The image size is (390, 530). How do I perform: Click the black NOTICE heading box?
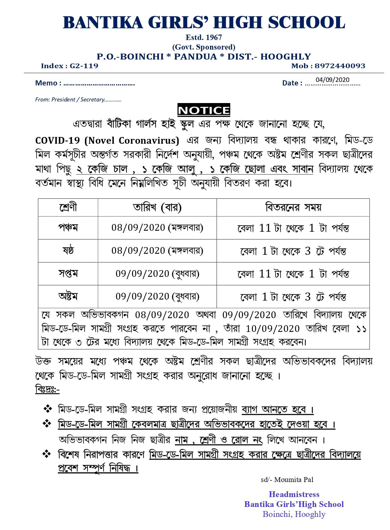tap(204, 110)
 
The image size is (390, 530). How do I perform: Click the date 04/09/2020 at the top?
tap(332, 80)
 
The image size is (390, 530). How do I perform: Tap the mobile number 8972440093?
tap(340, 66)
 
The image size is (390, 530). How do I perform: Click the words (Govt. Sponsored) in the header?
tap(204, 47)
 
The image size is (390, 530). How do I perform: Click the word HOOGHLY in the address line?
tap(285, 57)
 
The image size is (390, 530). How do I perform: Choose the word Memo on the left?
tap(46, 83)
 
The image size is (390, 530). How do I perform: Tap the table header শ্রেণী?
tap(68, 207)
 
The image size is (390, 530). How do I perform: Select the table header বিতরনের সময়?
tap(293, 207)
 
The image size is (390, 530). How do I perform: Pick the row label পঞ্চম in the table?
tap(68, 228)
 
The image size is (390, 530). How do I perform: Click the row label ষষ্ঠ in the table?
tap(68, 251)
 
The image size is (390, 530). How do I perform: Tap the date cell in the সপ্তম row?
tap(157, 274)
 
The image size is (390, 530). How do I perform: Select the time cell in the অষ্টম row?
tap(293, 297)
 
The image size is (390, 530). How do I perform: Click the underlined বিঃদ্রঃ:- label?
tap(47, 389)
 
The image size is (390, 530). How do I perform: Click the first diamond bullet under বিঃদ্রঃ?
tap(47, 409)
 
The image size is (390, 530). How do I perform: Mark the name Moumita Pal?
tap(294, 479)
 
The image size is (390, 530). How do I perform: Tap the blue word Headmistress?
tap(294, 494)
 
